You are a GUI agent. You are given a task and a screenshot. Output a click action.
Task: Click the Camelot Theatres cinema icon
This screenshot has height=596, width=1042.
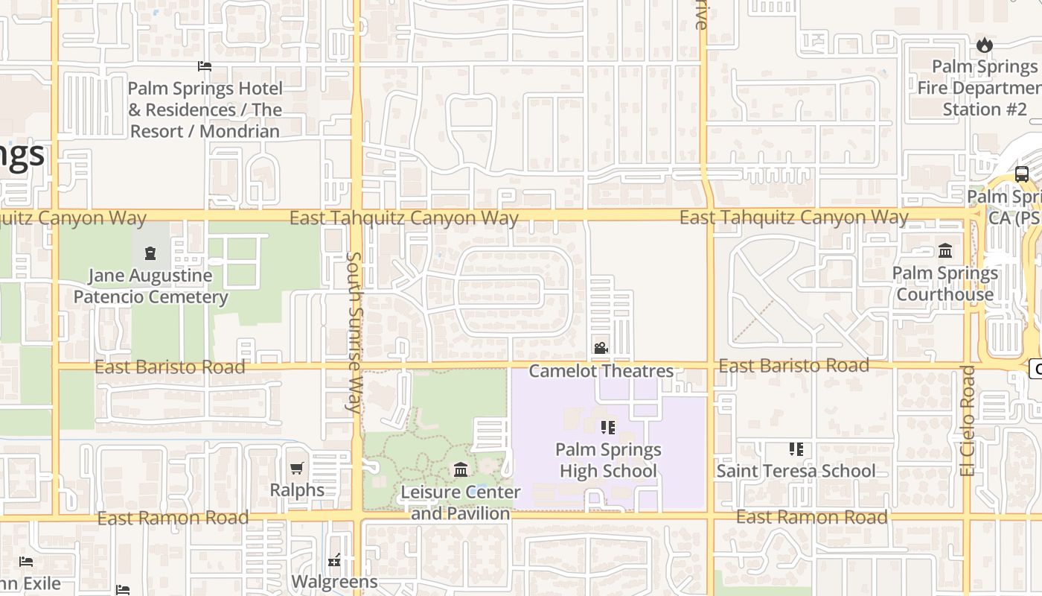601,348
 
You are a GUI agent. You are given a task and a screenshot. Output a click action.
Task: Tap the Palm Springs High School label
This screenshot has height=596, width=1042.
608,460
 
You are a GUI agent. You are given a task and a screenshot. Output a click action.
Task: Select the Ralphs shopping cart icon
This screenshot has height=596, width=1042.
297,469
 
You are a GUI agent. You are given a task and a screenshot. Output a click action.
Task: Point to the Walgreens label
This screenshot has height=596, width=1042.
334,581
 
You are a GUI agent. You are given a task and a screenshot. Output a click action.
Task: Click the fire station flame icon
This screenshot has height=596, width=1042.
985,45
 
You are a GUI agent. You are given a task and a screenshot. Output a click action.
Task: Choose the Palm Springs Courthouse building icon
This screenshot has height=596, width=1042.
945,250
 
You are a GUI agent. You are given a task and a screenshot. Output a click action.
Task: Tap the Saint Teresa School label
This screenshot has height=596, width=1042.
796,471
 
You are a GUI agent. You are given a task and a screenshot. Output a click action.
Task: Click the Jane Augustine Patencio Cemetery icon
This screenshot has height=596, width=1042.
150,253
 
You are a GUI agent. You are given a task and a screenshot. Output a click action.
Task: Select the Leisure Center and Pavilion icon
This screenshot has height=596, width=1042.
461,470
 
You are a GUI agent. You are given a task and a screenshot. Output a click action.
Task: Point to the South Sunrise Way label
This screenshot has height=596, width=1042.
354,332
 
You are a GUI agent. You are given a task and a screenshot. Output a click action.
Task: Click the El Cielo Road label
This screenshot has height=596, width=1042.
967,420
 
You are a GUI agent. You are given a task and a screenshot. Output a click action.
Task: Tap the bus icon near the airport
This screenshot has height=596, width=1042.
1022,174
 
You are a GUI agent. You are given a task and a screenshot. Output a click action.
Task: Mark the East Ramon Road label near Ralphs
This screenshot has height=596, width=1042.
173,518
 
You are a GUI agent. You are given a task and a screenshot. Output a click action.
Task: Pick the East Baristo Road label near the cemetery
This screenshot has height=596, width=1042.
170,367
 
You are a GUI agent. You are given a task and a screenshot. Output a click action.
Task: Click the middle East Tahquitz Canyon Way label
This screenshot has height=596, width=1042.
403,218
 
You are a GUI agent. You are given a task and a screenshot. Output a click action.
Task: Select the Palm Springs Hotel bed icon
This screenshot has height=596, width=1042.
205,66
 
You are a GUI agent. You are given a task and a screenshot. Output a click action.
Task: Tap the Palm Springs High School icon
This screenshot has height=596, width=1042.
608,427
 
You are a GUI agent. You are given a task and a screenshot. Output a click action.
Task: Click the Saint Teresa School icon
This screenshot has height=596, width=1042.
796,449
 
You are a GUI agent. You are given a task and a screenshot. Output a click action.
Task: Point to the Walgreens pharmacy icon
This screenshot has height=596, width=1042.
334,560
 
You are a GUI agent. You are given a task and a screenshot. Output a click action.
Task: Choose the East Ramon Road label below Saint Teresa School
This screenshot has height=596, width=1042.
811,517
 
